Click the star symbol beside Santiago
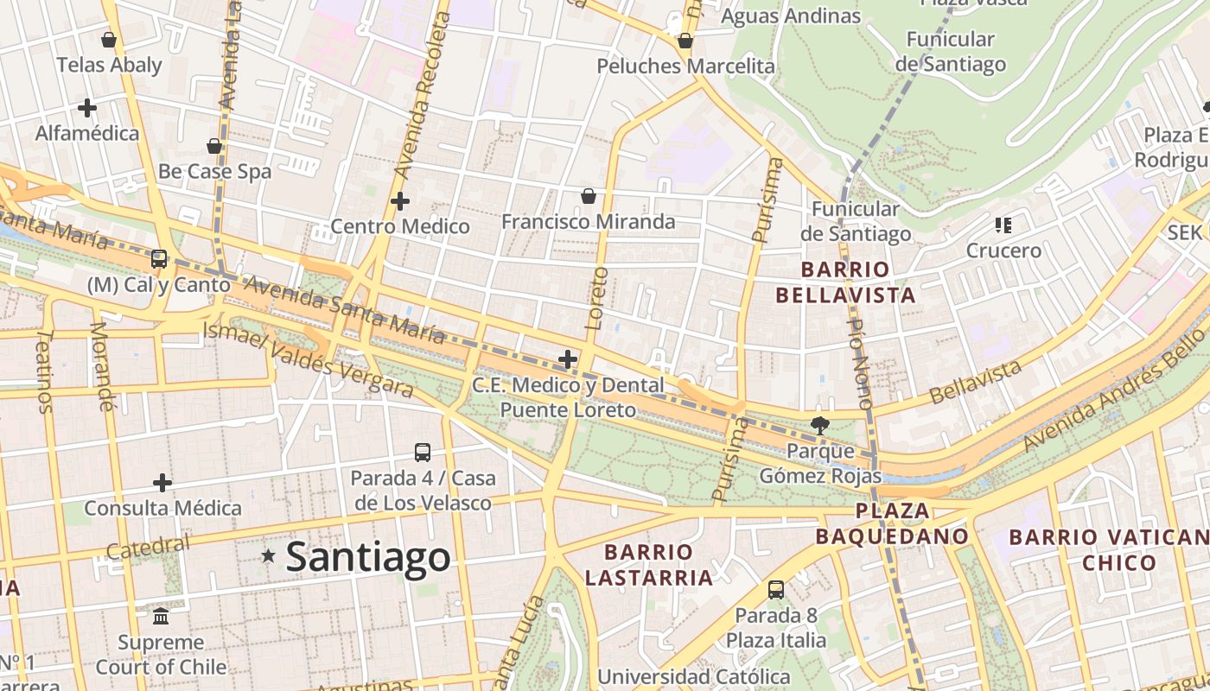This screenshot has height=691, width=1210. tap(269, 556)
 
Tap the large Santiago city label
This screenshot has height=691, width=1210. tap(368, 557)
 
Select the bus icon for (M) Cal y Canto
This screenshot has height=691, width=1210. tap(159, 258)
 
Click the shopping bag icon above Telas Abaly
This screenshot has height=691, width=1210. tap(109, 40)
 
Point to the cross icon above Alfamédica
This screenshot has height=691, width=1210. tap(86, 108)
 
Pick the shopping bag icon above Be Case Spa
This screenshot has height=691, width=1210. tap(214, 146)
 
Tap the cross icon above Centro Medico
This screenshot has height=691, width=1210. tap(400, 201)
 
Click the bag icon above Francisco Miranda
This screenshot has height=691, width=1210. tap(589, 196)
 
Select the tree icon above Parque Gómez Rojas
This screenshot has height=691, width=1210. tap(820, 425)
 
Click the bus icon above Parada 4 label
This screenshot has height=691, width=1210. tap(423, 452)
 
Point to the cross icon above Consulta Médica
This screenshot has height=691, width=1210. tap(162, 483)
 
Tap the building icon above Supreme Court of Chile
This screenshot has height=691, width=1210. tap(161, 617)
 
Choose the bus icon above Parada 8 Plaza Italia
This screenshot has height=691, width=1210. tap(776, 590)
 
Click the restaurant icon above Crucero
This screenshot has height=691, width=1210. tap(1003, 225)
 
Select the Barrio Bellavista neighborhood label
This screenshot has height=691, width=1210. tap(845, 282)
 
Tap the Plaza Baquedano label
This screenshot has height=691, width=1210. tap(892, 523)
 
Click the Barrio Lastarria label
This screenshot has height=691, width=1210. tap(649, 565)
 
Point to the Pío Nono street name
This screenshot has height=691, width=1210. tap(860, 363)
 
